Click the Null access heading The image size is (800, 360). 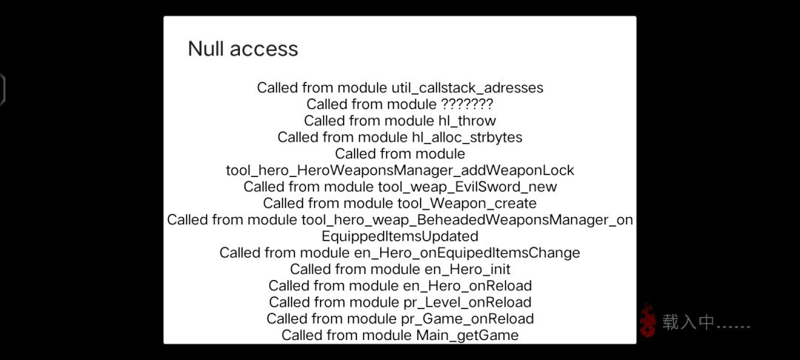pos(243,49)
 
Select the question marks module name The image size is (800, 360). pos(466,104)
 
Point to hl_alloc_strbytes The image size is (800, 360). pos(467,137)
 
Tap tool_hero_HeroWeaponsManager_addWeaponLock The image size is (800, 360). pos(400,170)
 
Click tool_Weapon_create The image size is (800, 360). pos(467,204)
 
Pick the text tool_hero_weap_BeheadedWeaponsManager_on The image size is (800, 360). pos(467,220)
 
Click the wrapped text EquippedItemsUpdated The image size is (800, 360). pos(400,236)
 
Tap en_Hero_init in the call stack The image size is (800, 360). pos(467,269)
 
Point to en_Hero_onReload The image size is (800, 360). pos(467,285)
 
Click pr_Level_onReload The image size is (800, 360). pos(467,302)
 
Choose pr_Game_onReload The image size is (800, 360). pos(467,319)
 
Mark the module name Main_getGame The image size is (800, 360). pos(467,336)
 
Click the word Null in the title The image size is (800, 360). pos(205,49)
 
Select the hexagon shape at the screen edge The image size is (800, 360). pos(3,90)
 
